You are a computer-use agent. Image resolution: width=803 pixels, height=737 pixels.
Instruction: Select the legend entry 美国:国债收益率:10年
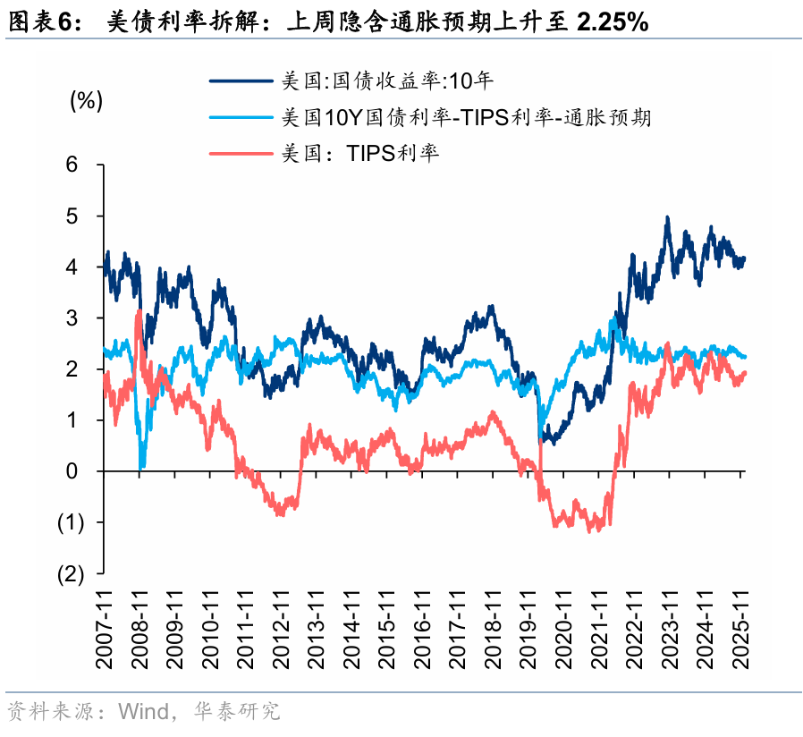tap(385, 81)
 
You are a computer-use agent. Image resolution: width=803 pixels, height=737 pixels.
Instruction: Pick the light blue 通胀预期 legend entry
tap(465, 117)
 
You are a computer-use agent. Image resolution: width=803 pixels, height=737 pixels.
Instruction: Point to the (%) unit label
tap(87, 101)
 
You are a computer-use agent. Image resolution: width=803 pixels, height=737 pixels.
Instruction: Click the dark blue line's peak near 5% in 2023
tap(667, 217)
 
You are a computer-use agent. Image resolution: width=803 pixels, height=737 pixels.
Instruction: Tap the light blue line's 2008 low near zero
tap(142, 466)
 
